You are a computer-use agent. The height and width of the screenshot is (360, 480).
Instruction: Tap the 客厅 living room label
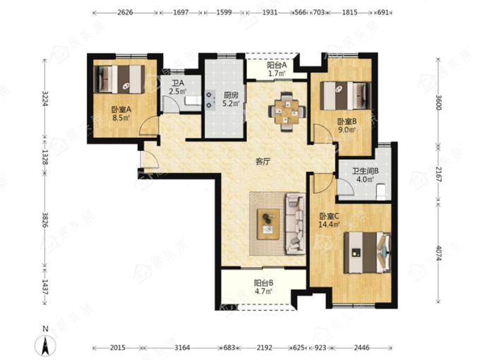pyautogui.click(x=263, y=162)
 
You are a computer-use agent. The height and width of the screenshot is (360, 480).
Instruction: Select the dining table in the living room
pyautogui.click(x=287, y=112)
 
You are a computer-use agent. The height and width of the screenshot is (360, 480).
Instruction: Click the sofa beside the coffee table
pyautogui.click(x=296, y=224)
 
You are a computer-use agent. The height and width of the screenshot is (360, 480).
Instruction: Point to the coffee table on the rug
pyautogui.click(x=268, y=224)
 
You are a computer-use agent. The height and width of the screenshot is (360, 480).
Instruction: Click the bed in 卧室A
pyautogui.click(x=119, y=79)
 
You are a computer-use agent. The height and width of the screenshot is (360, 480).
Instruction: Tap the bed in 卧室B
pyautogui.click(x=346, y=95)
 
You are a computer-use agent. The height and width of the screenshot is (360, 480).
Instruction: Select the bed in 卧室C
pyautogui.click(x=367, y=252)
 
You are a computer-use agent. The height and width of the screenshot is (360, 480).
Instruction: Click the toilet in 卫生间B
pyautogui.click(x=381, y=191)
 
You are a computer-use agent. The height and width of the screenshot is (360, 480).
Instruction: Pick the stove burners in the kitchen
pyautogui.click(x=209, y=100)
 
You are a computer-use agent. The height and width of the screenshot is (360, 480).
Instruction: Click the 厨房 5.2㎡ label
pyautogui.click(x=231, y=100)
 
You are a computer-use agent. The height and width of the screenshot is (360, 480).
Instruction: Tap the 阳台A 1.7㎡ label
pyautogui.click(x=277, y=69)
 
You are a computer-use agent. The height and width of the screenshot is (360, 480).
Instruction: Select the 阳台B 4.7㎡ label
pyautogui.click(x=263, y=287)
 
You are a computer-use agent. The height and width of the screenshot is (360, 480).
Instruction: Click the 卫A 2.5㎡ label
pyautogui.click(x=178, y=87)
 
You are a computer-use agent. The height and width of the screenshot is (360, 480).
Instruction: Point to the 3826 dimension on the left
pyautogui.click(x=45, y=220)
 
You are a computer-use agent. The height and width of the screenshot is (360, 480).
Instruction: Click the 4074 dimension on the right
pyautogui.click(x=438, y=253)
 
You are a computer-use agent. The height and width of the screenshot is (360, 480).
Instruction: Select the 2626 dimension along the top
pyautogui.click(x=125, y=13)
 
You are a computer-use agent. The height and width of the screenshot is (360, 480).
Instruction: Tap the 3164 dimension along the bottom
pyautogui.click(x=182, y=348)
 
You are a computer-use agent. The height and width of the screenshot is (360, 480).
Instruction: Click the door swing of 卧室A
pyautogui.click(x=148, y=126)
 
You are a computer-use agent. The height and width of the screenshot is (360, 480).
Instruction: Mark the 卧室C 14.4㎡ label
pyautogui.click(x=329, y=220)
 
